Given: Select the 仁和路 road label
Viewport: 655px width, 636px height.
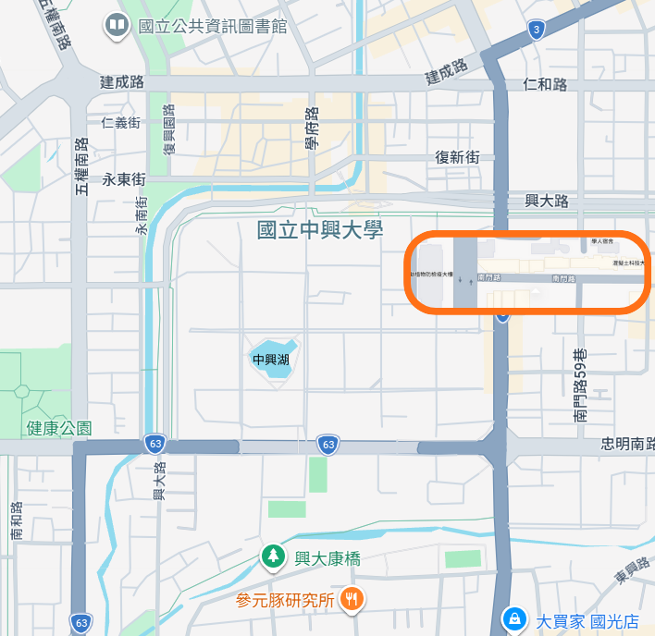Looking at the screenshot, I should coord(545,84).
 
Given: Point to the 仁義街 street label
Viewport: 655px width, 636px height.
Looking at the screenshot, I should coord(121,122).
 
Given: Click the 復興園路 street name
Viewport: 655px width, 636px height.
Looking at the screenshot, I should coord(170,133).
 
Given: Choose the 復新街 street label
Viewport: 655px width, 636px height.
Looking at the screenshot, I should coord(458,157).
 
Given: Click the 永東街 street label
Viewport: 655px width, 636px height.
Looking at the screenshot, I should coord(124,178).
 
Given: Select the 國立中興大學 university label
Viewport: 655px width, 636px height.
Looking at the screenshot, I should coord(320,229).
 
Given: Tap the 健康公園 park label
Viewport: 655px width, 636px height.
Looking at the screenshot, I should coord(60,429).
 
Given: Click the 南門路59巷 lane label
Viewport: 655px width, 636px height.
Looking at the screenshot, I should coord(580,385).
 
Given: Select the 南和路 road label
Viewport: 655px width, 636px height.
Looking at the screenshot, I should coord(16,521).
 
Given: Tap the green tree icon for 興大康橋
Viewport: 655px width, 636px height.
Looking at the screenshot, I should coord(272,556).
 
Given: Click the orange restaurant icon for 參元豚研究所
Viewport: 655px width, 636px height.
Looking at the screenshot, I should coord(351,599).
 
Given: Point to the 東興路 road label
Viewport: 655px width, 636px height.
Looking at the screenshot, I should coord(633,572).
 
